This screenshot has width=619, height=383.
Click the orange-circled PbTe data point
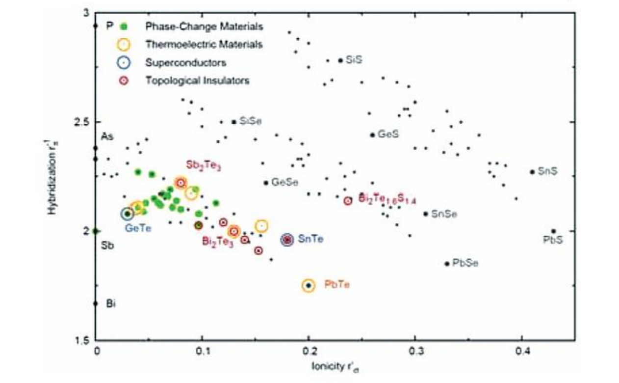[308, 285]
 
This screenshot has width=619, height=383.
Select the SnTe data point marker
[287, 240]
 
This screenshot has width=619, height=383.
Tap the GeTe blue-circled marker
[128, 214]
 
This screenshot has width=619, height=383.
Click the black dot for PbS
[553, 231]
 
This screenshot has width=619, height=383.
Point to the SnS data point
[532, 172]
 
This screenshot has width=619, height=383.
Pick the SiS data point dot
[340, 60]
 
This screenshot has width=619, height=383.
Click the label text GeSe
[283, 182]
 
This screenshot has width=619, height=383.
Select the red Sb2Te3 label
[203, 165]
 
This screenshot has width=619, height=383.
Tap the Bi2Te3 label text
[217, 242]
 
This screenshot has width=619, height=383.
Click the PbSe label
[465, 263]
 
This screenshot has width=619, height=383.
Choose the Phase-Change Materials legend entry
[204, 25]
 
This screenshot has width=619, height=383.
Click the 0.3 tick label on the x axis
[415, 352]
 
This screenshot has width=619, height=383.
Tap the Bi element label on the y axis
[111, 303]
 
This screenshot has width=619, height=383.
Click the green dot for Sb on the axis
[96, 231]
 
